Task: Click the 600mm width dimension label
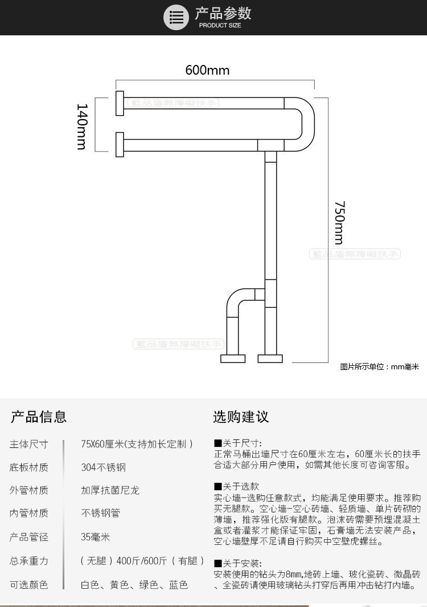(x=207, y=70)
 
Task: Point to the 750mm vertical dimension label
(x=339, y=223)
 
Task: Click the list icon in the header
(x=176, y=17)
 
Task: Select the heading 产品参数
(x=223, y=14)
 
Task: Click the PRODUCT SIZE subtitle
(x=220, y=26)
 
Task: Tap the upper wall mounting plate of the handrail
(x=120, y=103)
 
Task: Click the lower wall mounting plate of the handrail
(x=120, y=144)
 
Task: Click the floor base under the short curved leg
(x=232, y=359)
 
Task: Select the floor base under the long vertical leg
(x=270, y=359)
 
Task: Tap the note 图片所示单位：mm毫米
(x=379, y=367)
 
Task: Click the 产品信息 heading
(x=39, y=417)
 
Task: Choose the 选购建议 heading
(x=241, y=417)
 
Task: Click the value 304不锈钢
(x=103, y=467)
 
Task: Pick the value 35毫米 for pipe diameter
(x=95, y=537)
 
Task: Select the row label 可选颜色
(x=29, y=584)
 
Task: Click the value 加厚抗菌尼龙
(x=110, y=490)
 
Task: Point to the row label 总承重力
(x=29, y=561)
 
